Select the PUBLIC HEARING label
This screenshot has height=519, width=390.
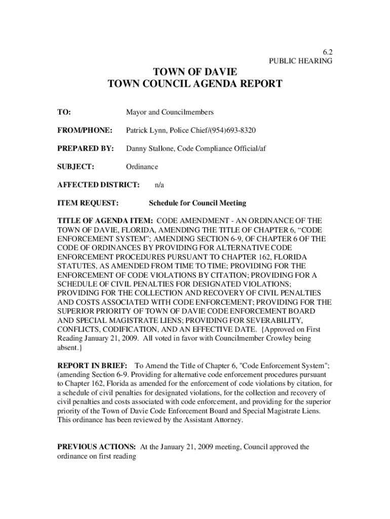point(300,61)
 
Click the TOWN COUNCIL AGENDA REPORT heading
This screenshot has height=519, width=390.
point(195,84)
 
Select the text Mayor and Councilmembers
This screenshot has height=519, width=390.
point(170,112)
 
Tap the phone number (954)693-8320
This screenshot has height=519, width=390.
point(233,130)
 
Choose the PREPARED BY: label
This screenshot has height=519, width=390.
point(85,149)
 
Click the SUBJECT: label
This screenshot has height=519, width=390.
point(75,167)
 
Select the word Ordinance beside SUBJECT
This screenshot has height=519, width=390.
point(142,167)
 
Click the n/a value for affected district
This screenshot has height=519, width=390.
point(159,185)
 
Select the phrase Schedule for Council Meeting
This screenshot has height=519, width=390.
point(197,203)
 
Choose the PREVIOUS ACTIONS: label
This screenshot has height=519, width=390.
point(96,447)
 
